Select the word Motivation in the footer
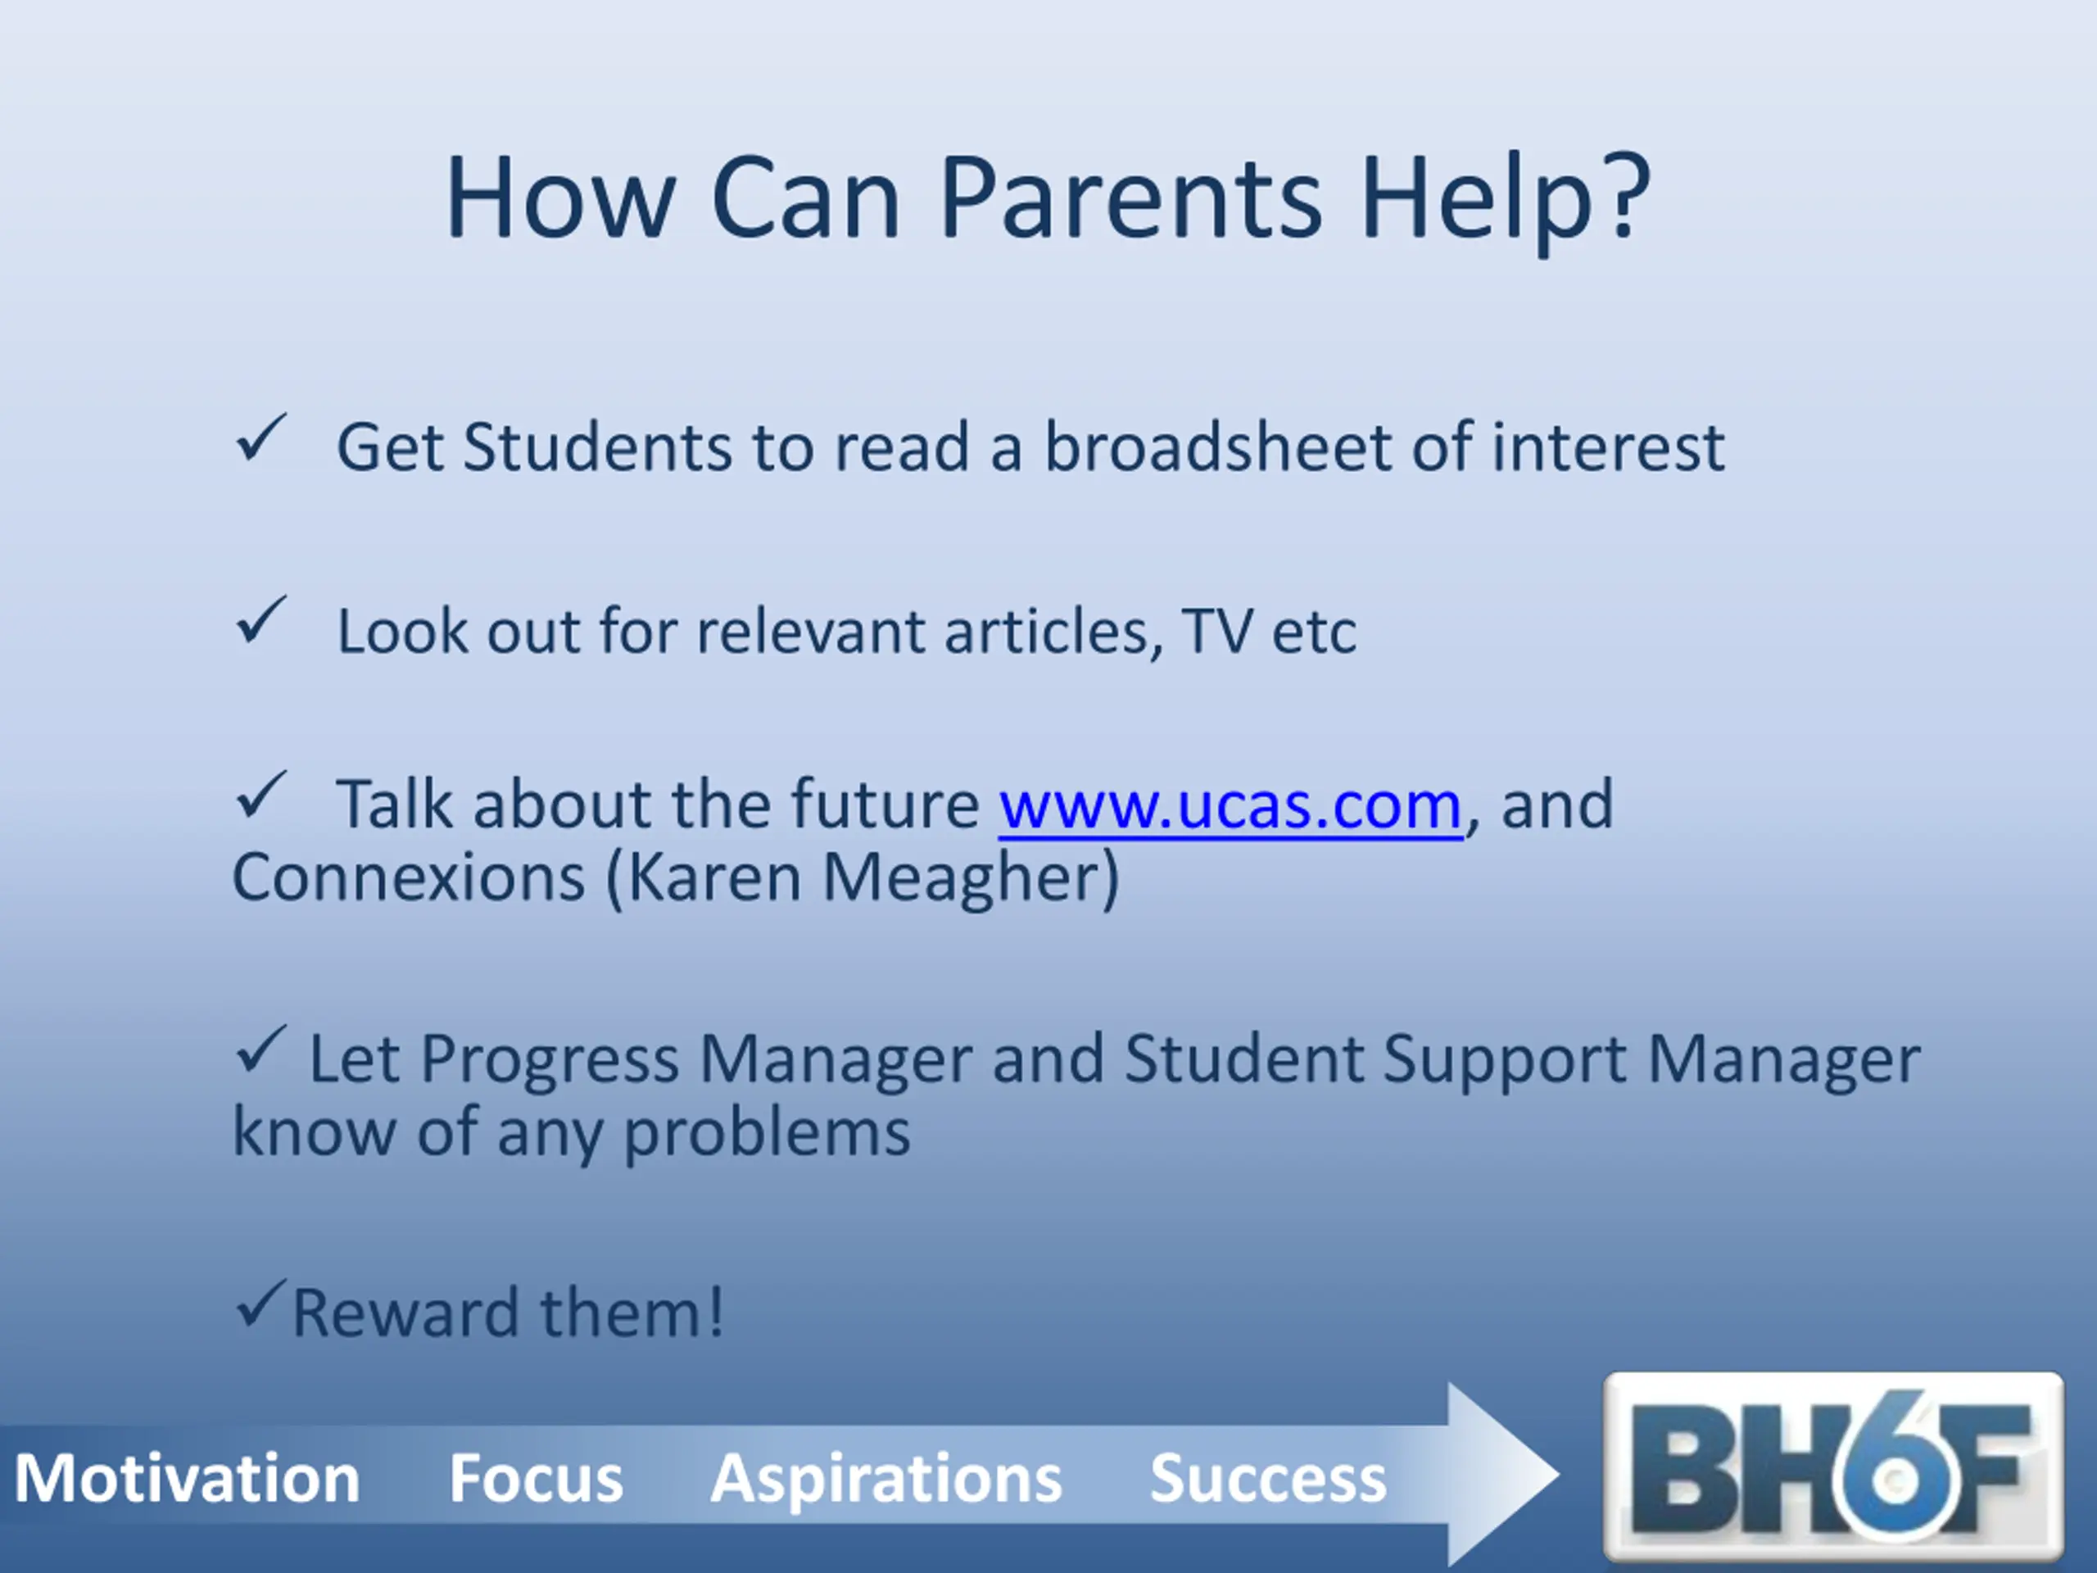pos(187,1478)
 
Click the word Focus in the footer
pos(536,1478)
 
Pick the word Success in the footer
pos(1267,1478)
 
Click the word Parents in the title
pos(1130,198)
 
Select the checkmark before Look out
pos(260,620)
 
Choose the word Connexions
pos(409,877)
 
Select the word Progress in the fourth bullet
pos(550,1061)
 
